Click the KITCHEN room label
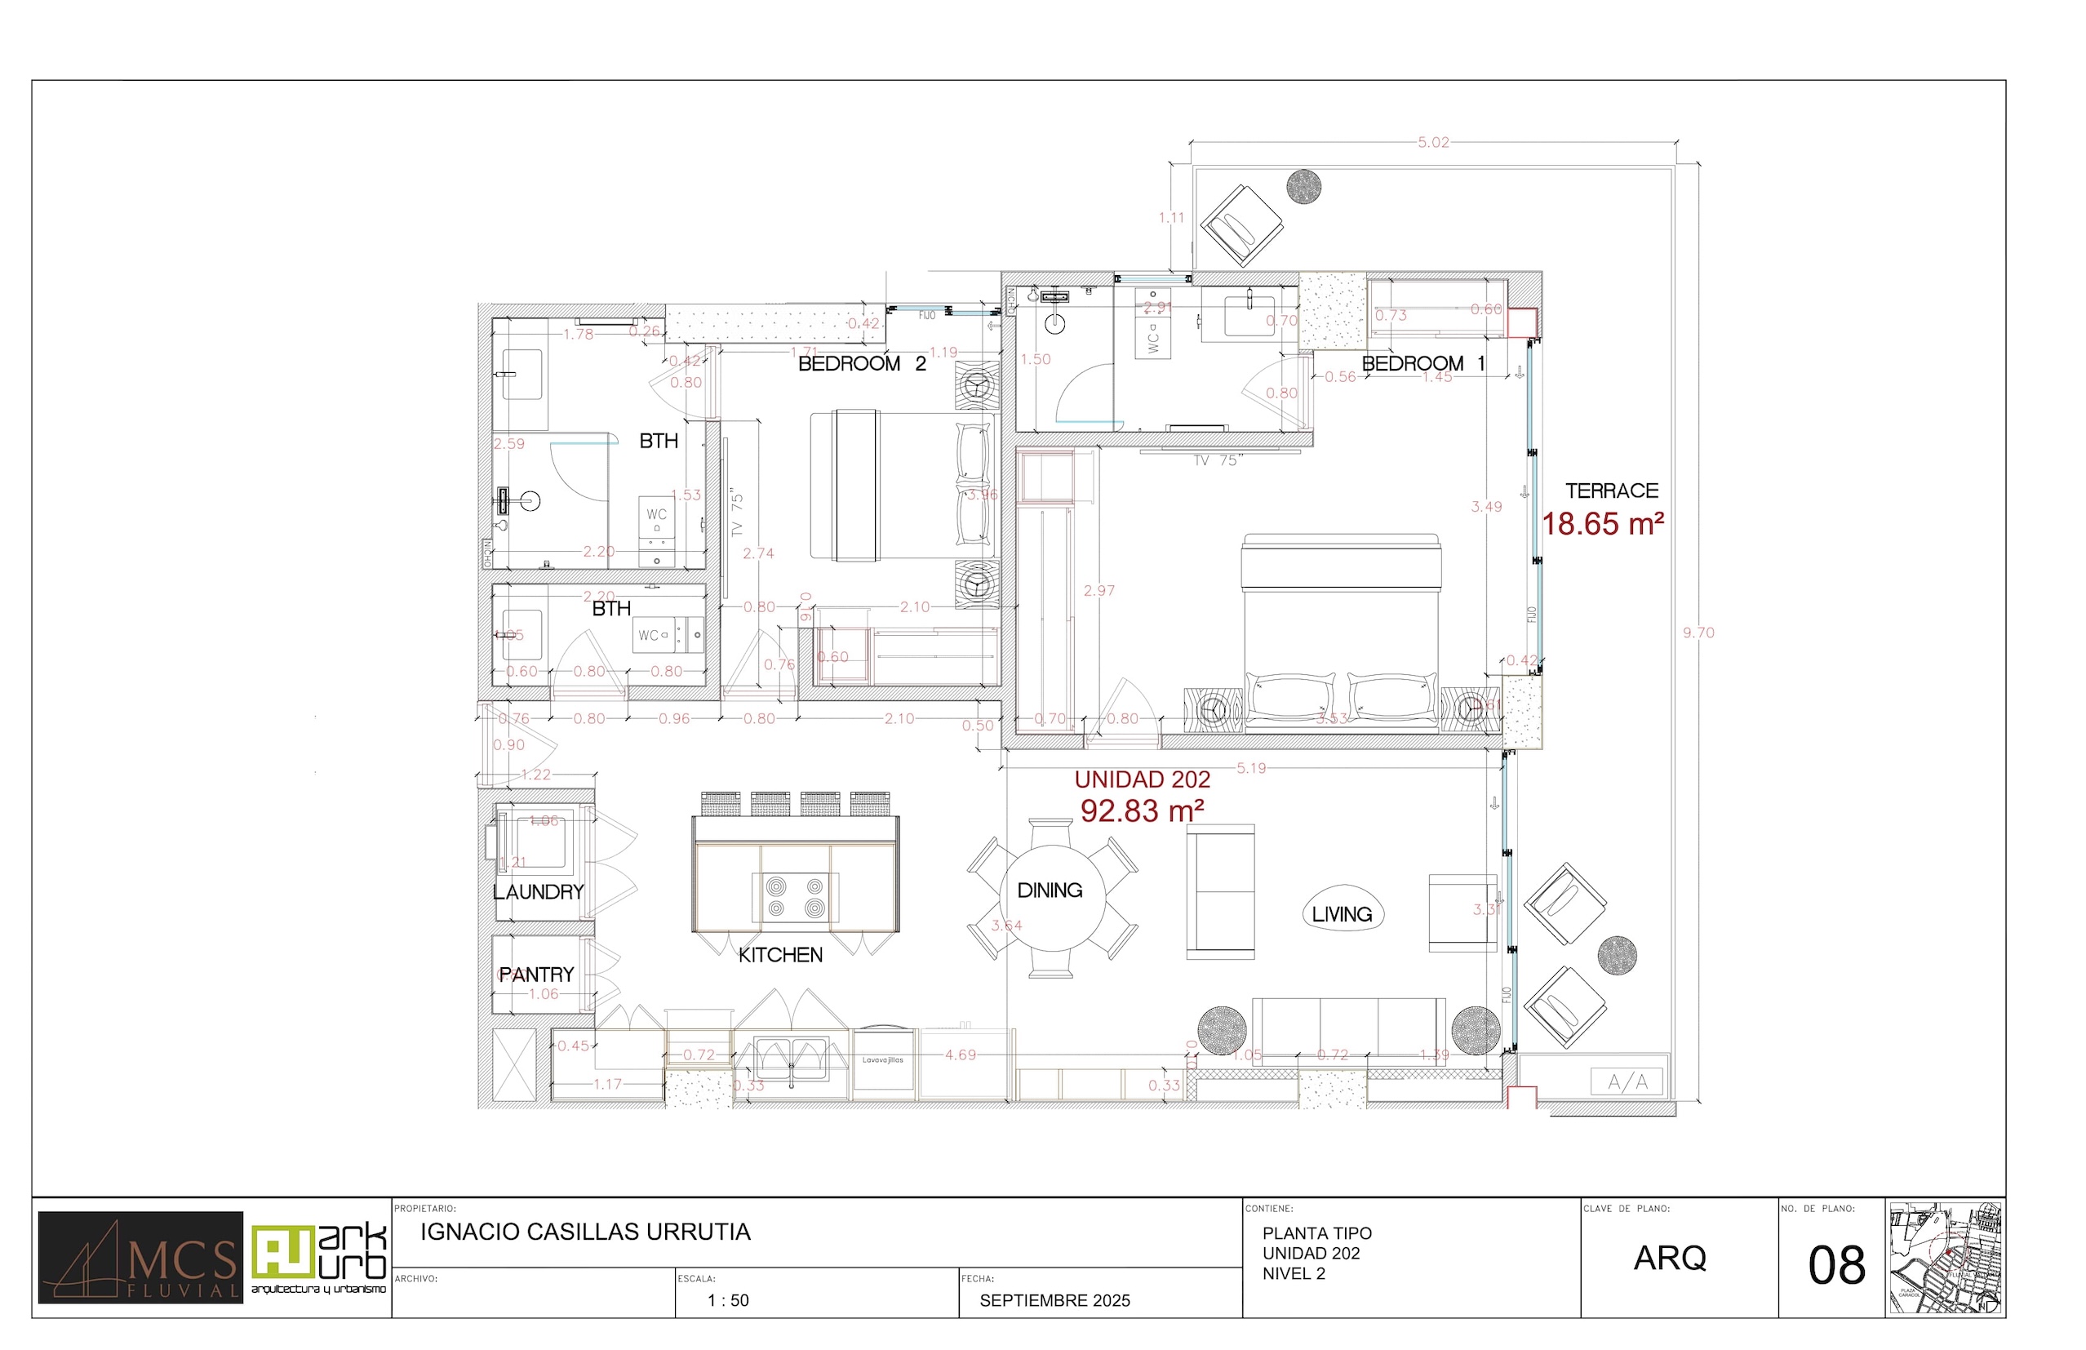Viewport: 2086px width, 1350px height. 780,956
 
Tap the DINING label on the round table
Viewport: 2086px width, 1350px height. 1050,890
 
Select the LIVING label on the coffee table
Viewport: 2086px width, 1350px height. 1342,915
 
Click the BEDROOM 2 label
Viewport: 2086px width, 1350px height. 862,364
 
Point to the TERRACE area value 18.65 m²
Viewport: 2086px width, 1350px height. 1602,524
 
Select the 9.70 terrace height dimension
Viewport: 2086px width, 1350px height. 1698,633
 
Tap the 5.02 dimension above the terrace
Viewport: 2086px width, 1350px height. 1433,143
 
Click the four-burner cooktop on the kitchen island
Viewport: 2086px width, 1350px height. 795,898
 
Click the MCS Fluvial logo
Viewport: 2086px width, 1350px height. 140,1257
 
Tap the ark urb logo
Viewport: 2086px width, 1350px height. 319,1257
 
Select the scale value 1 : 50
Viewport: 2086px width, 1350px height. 728,1301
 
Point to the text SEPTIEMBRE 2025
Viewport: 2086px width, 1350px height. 1054,1301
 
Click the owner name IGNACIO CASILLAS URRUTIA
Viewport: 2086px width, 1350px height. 585,1232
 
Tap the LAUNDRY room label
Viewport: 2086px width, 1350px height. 538,892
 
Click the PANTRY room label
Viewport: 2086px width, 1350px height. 536,975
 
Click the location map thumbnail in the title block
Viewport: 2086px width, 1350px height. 1945,1258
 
